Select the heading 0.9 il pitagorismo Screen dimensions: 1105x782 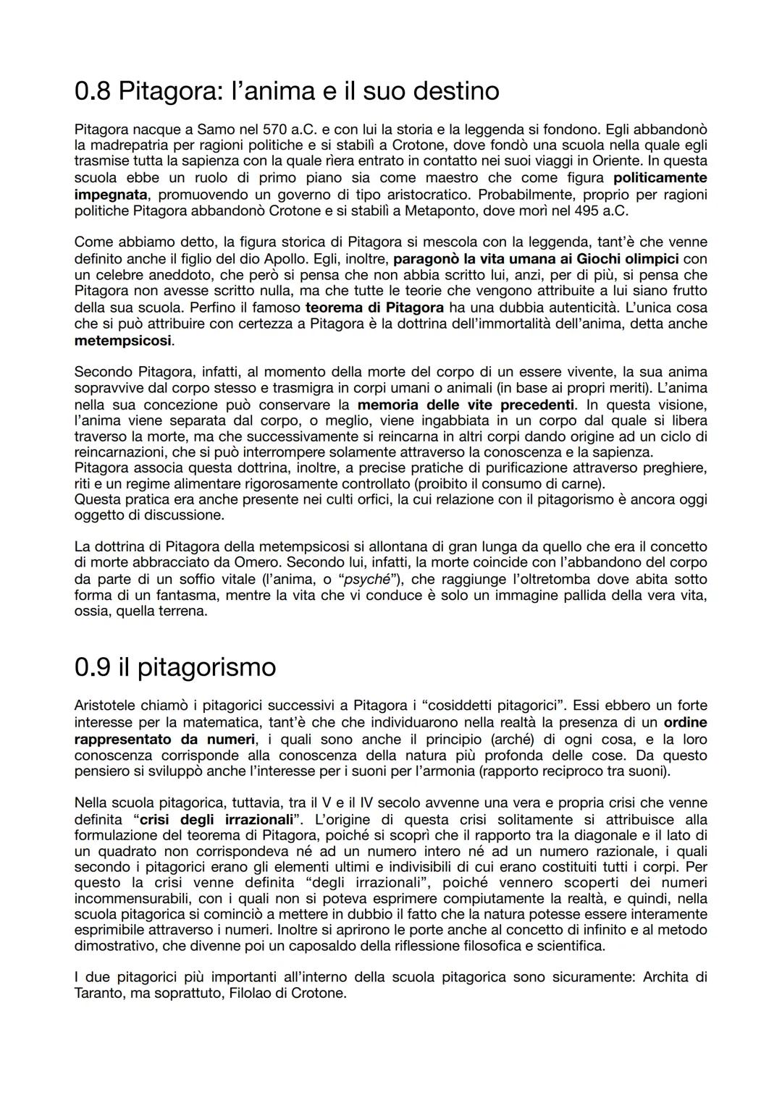click(175, 666)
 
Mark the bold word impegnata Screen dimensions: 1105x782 click(111, 195)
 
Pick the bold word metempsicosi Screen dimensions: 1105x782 click(123, 340)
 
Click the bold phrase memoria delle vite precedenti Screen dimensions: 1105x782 click(466, 405)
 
